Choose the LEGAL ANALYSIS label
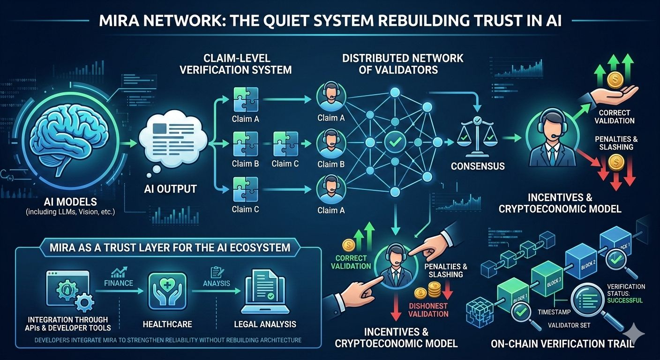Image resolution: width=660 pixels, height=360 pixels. [x=265, y=324]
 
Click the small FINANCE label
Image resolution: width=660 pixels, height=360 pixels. [x=120, y=283]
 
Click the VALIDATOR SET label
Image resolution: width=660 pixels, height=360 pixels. [x=570, y=325]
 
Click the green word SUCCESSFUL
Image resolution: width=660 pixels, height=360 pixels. [x=625, y=300]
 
